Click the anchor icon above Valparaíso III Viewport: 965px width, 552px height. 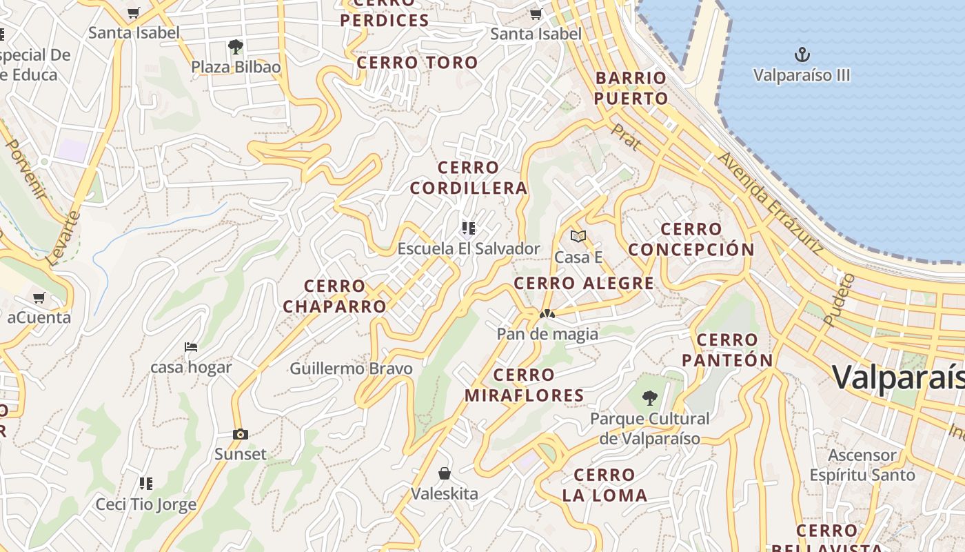click(802, 55)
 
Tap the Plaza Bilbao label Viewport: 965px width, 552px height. click(236, 67)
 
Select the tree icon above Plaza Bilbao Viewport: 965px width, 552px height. click(236, 47)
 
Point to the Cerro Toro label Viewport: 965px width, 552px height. click(417, 63)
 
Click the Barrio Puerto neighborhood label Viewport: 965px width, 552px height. click(631, 88)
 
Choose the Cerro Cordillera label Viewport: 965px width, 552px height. click(469, 177)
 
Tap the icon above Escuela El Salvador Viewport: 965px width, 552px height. click(469, 228)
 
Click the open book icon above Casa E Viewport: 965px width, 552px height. click(578, 237)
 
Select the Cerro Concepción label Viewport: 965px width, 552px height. click(691, 239)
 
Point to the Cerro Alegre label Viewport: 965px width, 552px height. click(584, 283)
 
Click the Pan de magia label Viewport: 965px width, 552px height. click(547, 334)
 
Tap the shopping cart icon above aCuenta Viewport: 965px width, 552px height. click(39, 298)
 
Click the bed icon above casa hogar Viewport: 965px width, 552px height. click(191, 346)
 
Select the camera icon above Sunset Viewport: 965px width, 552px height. click(240, 434)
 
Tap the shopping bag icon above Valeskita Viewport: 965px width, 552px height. click(445, 473)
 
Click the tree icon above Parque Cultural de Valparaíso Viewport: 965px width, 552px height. click(649, 398)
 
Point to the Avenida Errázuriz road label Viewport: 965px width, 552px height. click(771, 203)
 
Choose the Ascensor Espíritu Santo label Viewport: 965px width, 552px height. click(862, 465)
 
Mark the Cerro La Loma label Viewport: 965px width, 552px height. click(605, 485)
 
